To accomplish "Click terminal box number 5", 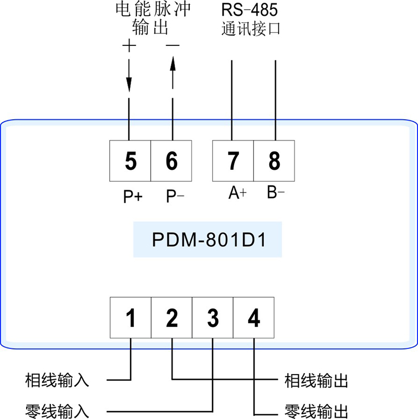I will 130,161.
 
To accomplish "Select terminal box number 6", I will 171,161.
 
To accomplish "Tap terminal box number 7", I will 233,161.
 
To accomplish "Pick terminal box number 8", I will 274,161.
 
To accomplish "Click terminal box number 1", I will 131,318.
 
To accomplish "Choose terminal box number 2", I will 171,318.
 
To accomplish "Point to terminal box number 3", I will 213,318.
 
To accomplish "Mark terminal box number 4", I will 253,318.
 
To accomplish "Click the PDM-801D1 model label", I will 207,240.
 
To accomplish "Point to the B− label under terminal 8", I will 276,193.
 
